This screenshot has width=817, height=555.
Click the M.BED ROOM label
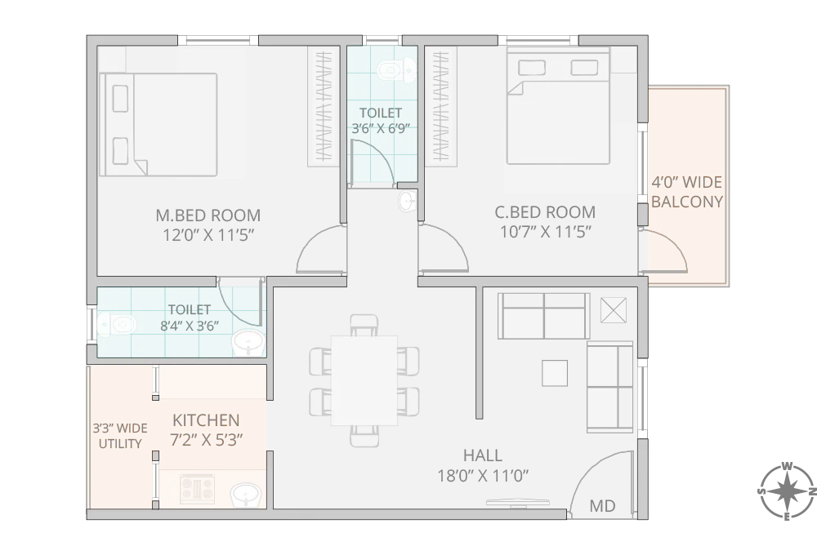coord(208,215)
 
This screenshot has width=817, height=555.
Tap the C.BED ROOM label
coord(545,212)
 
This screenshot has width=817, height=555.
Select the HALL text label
coord(482,455)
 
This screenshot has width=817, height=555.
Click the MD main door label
coord(602,506)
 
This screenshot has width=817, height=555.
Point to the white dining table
coord(364,380)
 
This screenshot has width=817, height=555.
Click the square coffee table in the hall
coord(555,373)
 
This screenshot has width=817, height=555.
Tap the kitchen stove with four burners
coord(197,491)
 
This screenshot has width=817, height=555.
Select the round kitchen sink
coord(243,495)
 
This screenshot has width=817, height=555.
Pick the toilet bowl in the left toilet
coord(114,325)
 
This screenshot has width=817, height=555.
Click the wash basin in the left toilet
coord(248,343)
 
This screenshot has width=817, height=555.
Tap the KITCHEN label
coord(206,420)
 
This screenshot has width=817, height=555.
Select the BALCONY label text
coord(687,202)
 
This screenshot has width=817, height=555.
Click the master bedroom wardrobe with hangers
coord(324,106)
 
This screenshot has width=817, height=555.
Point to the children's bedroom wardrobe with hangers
coord(440,106)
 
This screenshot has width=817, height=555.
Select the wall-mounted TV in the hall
coord(513,504)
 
